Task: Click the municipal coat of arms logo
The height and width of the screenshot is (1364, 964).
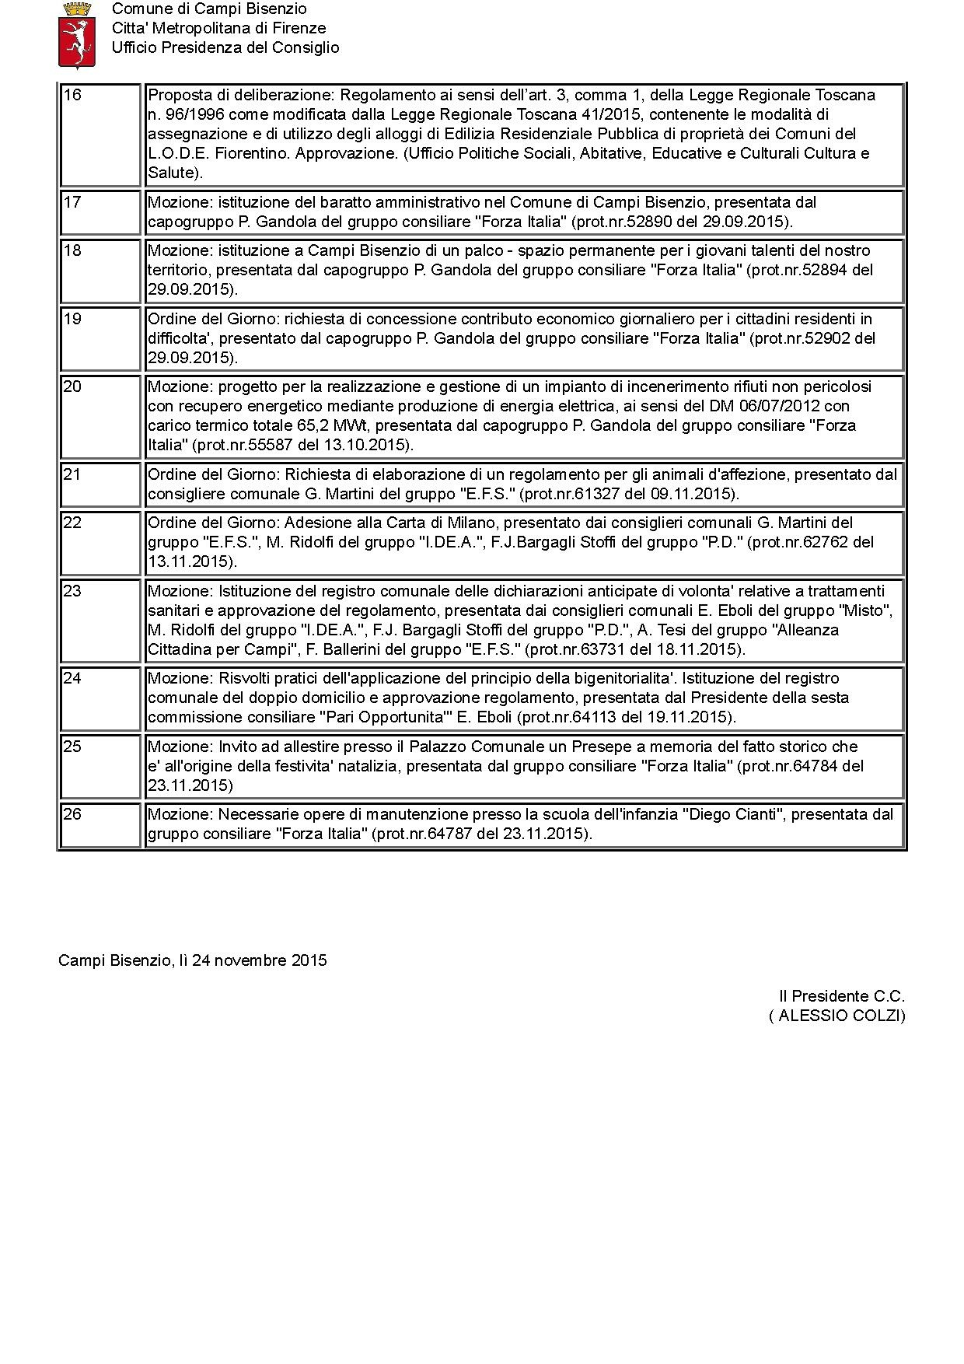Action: (x=78, y=35)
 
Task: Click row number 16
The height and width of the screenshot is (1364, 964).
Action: (x=72, y=96)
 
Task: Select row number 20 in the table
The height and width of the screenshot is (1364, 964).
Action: (x=72, y=386)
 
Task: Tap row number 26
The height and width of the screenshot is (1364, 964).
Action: (x=72, y=814)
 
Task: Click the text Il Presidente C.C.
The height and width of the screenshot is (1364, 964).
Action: (x=842, y=996)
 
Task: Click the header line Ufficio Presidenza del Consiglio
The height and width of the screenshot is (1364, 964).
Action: (x=225, y=47)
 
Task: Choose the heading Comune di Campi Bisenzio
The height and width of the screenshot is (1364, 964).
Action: (x=209, y=9)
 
